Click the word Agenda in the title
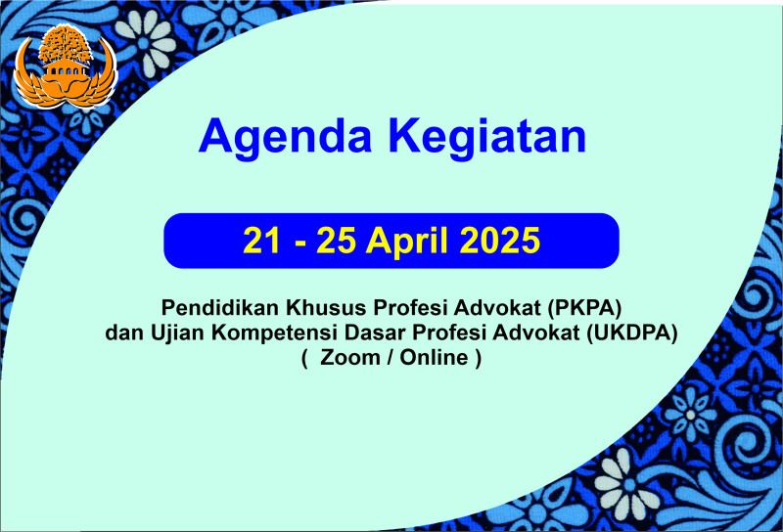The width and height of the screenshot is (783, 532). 285,138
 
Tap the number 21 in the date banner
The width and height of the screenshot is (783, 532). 261,241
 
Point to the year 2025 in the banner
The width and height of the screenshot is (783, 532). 500,241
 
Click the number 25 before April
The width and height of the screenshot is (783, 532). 336,241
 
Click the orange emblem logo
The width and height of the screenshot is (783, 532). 66,66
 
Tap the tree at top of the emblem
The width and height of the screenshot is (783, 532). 66,45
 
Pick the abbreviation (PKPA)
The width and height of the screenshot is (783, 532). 584,308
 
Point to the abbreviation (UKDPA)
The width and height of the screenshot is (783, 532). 631,332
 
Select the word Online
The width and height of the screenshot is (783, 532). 434,357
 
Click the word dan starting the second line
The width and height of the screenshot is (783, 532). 124,332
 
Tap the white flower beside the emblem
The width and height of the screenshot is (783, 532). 146,41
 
